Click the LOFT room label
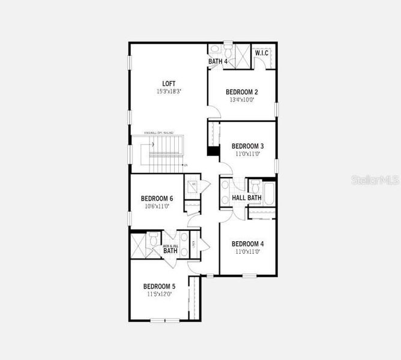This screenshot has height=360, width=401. (x=169, y=83)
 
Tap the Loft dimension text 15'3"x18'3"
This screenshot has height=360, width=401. (x=169, y=92)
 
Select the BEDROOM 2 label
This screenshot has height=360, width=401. (x=242, y=92)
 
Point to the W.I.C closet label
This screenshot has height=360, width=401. (x=262, y=53)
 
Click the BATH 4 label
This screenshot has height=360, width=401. (x=218, y=61)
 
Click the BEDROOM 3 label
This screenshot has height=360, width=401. (x=248, y=146)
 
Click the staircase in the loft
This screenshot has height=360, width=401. (x=161, y=154)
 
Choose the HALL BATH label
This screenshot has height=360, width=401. (x=247, y=198)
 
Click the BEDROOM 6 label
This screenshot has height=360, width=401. (x=157, y=199)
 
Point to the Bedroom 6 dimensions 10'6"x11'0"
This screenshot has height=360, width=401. (x=157, y=206)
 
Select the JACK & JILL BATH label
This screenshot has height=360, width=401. (x=170, y=249)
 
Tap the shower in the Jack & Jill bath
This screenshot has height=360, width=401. (x=139, y=246)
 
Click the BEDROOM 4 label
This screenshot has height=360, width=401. (x=248, y=244)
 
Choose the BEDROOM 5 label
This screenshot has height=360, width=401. (x=160, y=286)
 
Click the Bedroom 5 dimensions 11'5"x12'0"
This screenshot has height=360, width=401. (x=160, y=294)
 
